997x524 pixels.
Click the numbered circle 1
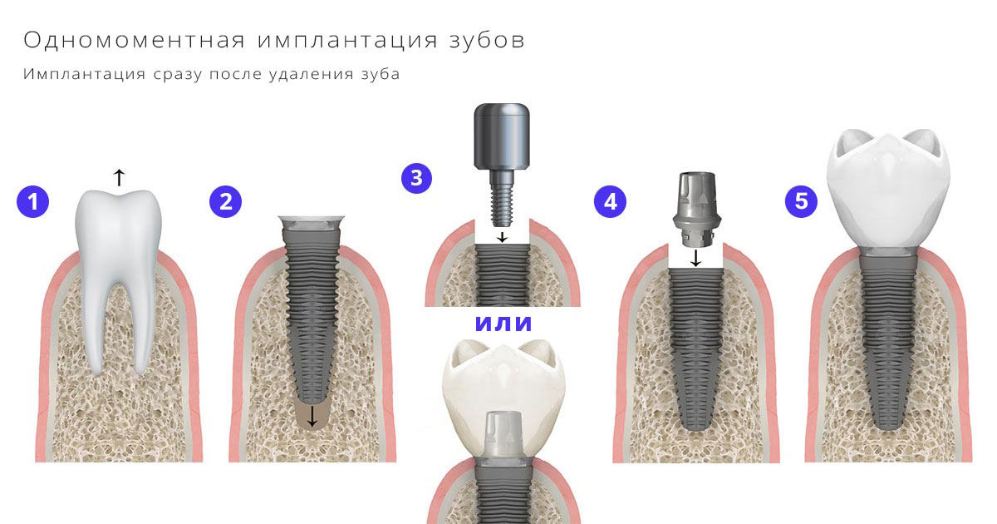(x=33, y=201)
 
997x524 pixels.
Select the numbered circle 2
(x=226, y=201)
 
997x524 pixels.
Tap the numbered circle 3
(x=416, y=178)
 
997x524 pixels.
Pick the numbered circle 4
(x=610, y=201)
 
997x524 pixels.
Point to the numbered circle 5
(x=801, y=201)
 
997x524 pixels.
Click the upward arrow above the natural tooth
(x=119, y=177)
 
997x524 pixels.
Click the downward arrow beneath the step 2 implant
(x=312, y=416)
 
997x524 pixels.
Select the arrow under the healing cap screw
(x=503, y=236)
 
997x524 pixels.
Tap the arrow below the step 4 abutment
(x=695, y=258)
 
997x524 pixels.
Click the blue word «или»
(x=503, y=324)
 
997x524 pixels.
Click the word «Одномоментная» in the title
(x=135, y=40)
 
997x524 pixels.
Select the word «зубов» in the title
(x=488, y=40)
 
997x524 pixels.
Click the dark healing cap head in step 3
(x=502, y=136)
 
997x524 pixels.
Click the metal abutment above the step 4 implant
(x=696, y=208)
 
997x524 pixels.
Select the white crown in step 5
(x=888, y=189)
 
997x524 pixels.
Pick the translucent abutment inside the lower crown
(x=503, y=434)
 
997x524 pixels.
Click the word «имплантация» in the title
(x=347, y=40)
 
